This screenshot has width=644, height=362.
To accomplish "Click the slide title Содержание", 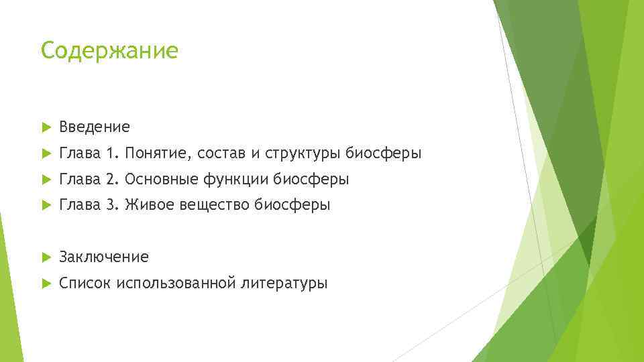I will [x=109, y=51].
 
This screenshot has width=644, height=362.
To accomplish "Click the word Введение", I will [x=95, y=127].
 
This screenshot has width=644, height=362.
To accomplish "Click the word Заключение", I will [x=104, y=257].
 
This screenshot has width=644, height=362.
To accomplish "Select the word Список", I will [x=85, y=283].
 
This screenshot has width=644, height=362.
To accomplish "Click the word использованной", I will [x=176, y=283].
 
